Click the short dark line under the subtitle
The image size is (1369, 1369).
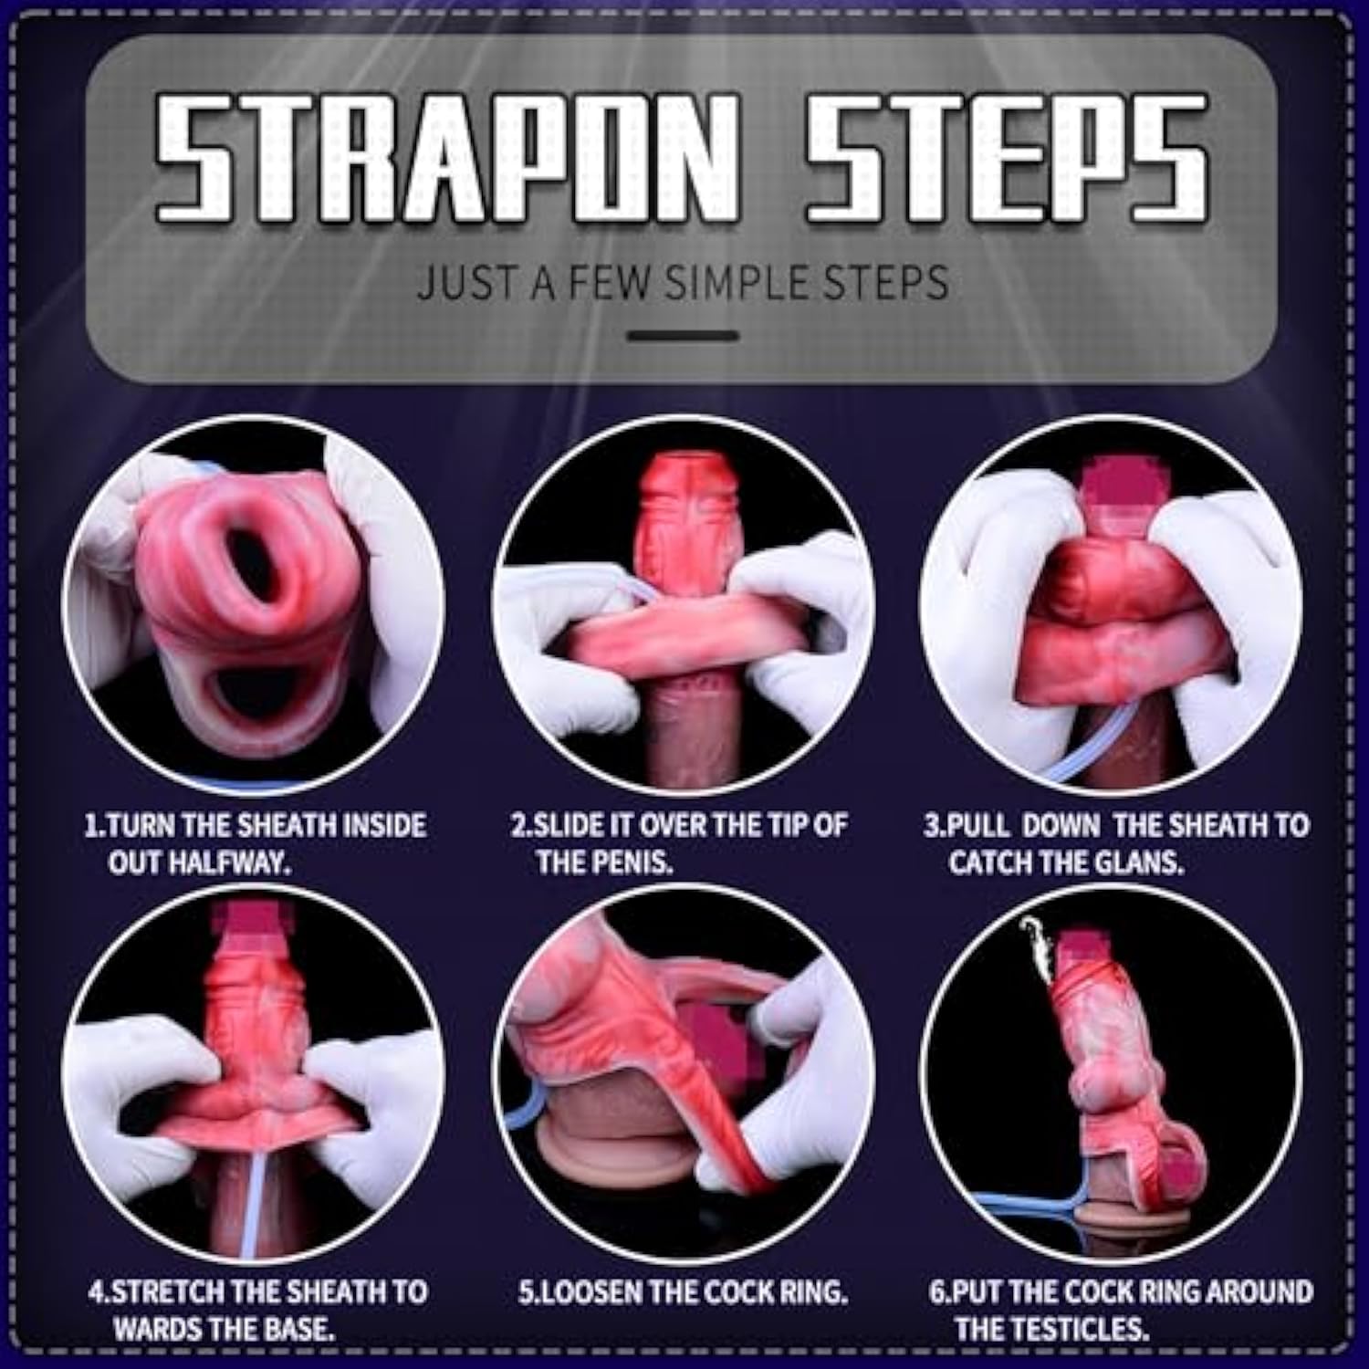click(x=683, y=336)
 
